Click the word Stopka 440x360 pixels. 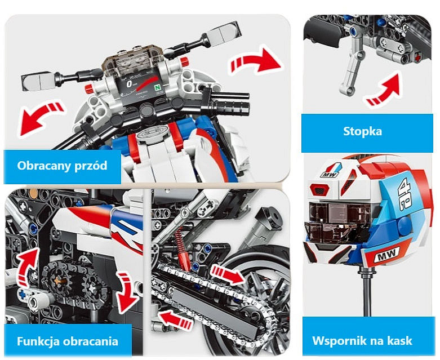pos(363,131)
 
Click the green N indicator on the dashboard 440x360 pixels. pos(158,87)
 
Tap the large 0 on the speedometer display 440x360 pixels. pos(129,84)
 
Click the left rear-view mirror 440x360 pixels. pos(37,80)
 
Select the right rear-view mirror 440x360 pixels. pos(224,33)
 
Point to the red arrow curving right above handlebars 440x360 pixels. pos(255,62)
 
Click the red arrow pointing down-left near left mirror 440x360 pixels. pos(39,117)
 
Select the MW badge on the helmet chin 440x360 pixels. pos(386,256)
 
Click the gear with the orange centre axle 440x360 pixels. pos(60,280)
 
